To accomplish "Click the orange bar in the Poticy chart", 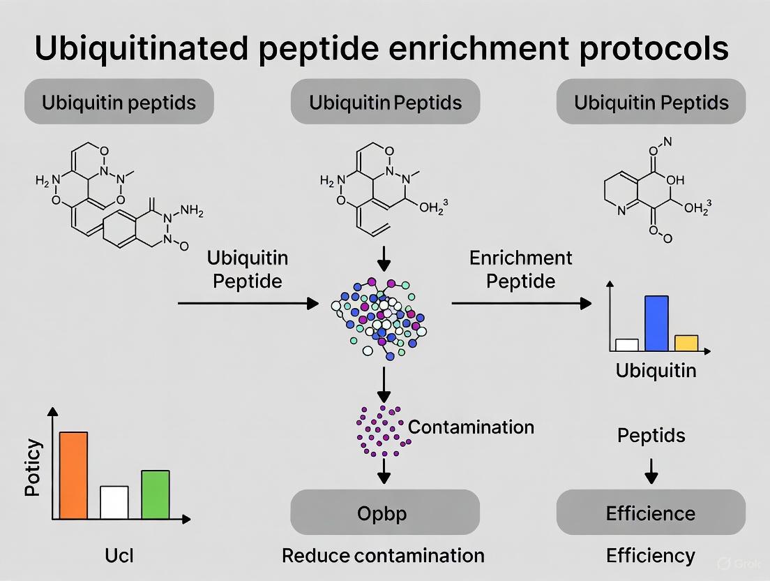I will [x=73, y=476].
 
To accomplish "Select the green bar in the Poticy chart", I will [x=155, y=494].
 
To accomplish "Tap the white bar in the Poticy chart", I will [x=114, y=502].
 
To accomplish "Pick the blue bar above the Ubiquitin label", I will [x=656, y=323].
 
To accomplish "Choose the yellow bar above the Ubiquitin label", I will [x=686, y=342].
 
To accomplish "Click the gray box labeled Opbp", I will [x=384, y=513].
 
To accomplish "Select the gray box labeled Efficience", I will [x=651, y=513].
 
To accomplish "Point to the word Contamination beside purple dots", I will [x=471, y=427].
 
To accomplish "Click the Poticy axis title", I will [x=33, y=468].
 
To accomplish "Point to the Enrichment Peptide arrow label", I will [x=520, y=269].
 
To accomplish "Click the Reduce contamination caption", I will [x=383, y=555].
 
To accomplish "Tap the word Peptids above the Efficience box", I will [x=651, y=436].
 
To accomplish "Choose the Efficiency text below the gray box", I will [x=651, y=555].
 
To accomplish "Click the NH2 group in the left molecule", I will [x=191, y=209].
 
